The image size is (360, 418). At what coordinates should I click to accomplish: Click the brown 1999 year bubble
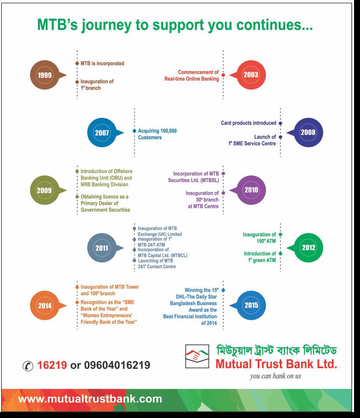pyautogui.click(x=44, y=75)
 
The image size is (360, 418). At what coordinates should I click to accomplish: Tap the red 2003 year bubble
pyautogui.click(x=251, y=75)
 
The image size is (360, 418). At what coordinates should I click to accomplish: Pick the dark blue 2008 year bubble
pyautogui.click(x=308, y=132)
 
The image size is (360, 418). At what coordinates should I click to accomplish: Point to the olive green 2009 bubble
pyautogui.click(x=44, y=190)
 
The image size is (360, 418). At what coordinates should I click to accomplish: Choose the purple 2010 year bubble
pyautogui.click(x=251, y=190)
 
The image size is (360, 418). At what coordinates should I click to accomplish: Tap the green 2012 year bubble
pyautogui.click(x=308, y=248)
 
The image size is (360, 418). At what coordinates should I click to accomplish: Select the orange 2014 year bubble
pyautogui.click(x=44, y=306)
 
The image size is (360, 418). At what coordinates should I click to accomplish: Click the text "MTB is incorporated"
pyautogui.click(x=102, y=63)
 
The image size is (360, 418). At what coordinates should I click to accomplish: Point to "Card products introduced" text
pyautogui.click(x=248, y=123)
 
